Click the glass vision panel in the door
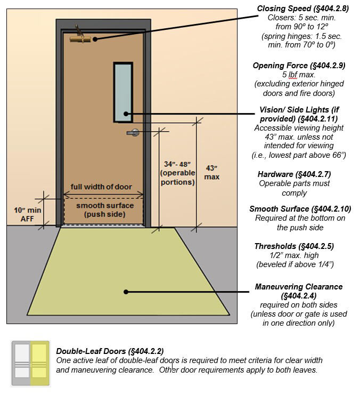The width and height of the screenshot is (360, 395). (123, 92)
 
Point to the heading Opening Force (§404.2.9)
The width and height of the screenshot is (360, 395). (299, 66)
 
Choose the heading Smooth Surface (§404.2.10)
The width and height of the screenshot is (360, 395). (300, 209)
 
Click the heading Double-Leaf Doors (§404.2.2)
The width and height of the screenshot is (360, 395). (110, 351)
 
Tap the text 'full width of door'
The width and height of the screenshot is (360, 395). (101, 187)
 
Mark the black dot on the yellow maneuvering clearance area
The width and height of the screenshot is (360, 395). (126, 292)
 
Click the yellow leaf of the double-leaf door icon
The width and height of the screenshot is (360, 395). (39, 362)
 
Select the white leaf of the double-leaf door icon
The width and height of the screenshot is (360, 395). (22, 362)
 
